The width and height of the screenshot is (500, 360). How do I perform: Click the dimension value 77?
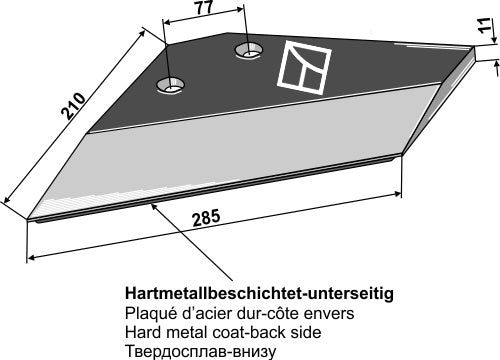click(204, 8)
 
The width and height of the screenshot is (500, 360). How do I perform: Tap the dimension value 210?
click(73, 105)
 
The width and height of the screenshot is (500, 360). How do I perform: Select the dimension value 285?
click(206, 218)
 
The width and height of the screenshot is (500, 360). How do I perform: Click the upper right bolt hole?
click(248, 51)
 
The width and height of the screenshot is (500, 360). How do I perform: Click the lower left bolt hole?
click(170, 85)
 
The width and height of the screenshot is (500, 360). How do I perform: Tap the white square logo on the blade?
click(304, 68)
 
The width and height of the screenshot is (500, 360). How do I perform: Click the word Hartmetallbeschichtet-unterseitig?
click(259, 294)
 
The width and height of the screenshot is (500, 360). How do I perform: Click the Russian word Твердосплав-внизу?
click(201, 351)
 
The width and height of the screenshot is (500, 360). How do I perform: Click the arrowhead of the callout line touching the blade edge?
click(154, 206)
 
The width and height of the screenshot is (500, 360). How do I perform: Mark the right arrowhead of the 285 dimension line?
click(397, 193)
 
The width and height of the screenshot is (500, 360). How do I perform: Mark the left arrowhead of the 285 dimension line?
click(31, 257)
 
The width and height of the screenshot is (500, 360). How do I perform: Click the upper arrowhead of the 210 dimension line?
click(142, 32)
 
